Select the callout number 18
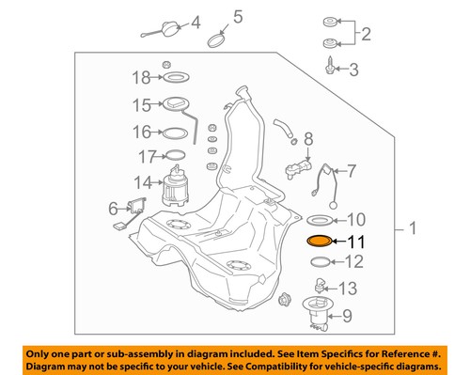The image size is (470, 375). click(141, 77)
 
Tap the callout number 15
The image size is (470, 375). click(141, 105)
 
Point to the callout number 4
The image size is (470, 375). click(196, 23)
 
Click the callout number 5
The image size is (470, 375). click(238, 16)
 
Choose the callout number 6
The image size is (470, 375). click(113, 208)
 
